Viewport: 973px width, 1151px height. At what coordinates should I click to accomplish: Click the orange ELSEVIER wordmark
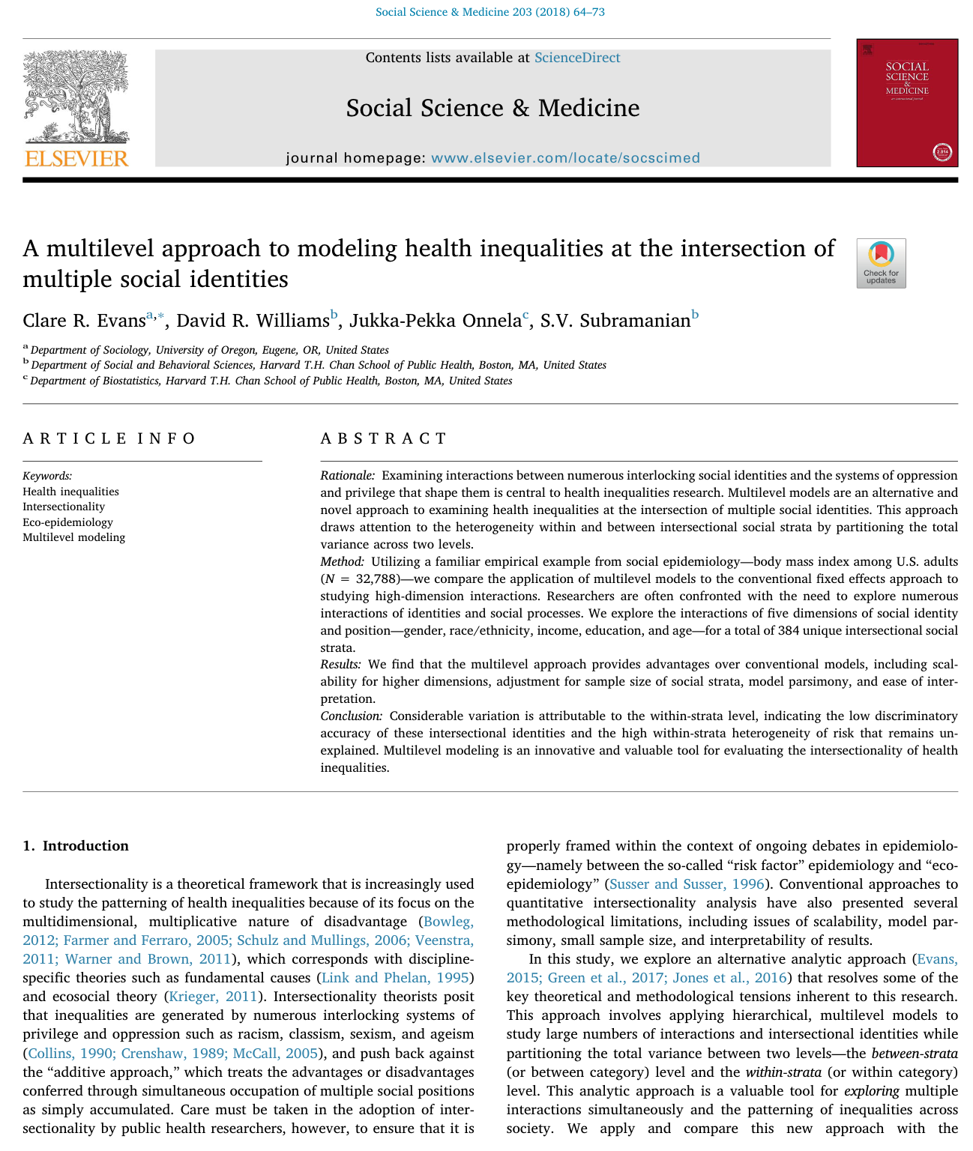coord(76,158)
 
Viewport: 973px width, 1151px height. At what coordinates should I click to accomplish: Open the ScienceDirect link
coord(577,58)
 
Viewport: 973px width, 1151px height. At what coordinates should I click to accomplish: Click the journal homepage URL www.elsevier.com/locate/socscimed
coord(565,158)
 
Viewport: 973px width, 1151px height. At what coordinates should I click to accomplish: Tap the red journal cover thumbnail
coord(907,103)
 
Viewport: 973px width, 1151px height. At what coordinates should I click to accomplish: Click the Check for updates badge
coord(881,263)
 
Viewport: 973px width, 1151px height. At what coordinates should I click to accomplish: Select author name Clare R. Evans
coord(84,321)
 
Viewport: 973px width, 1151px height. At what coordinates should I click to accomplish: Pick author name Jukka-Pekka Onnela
coord(436,321)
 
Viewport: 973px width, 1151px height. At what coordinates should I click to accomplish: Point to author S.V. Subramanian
coord(615,321)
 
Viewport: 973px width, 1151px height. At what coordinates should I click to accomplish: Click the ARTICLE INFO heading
coord(109,438)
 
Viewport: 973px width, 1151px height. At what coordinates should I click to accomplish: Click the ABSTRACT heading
coord(384,438)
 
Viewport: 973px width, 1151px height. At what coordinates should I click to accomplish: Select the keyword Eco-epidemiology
coord(67,522)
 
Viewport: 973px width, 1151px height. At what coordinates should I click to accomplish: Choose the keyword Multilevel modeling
coord(73,537)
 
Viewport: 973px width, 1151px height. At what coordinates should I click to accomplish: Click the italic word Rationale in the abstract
coord(347,475)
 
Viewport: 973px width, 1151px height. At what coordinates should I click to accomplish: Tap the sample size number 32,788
coord(376,579)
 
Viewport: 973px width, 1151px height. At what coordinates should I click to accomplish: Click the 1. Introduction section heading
coord(76,846)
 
